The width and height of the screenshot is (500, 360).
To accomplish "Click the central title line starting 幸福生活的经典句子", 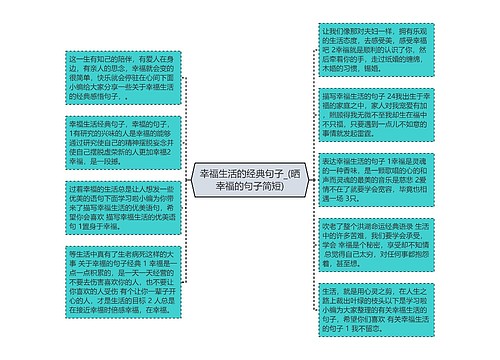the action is pos(250,174).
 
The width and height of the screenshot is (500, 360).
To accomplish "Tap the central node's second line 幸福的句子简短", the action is pos(250,187).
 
